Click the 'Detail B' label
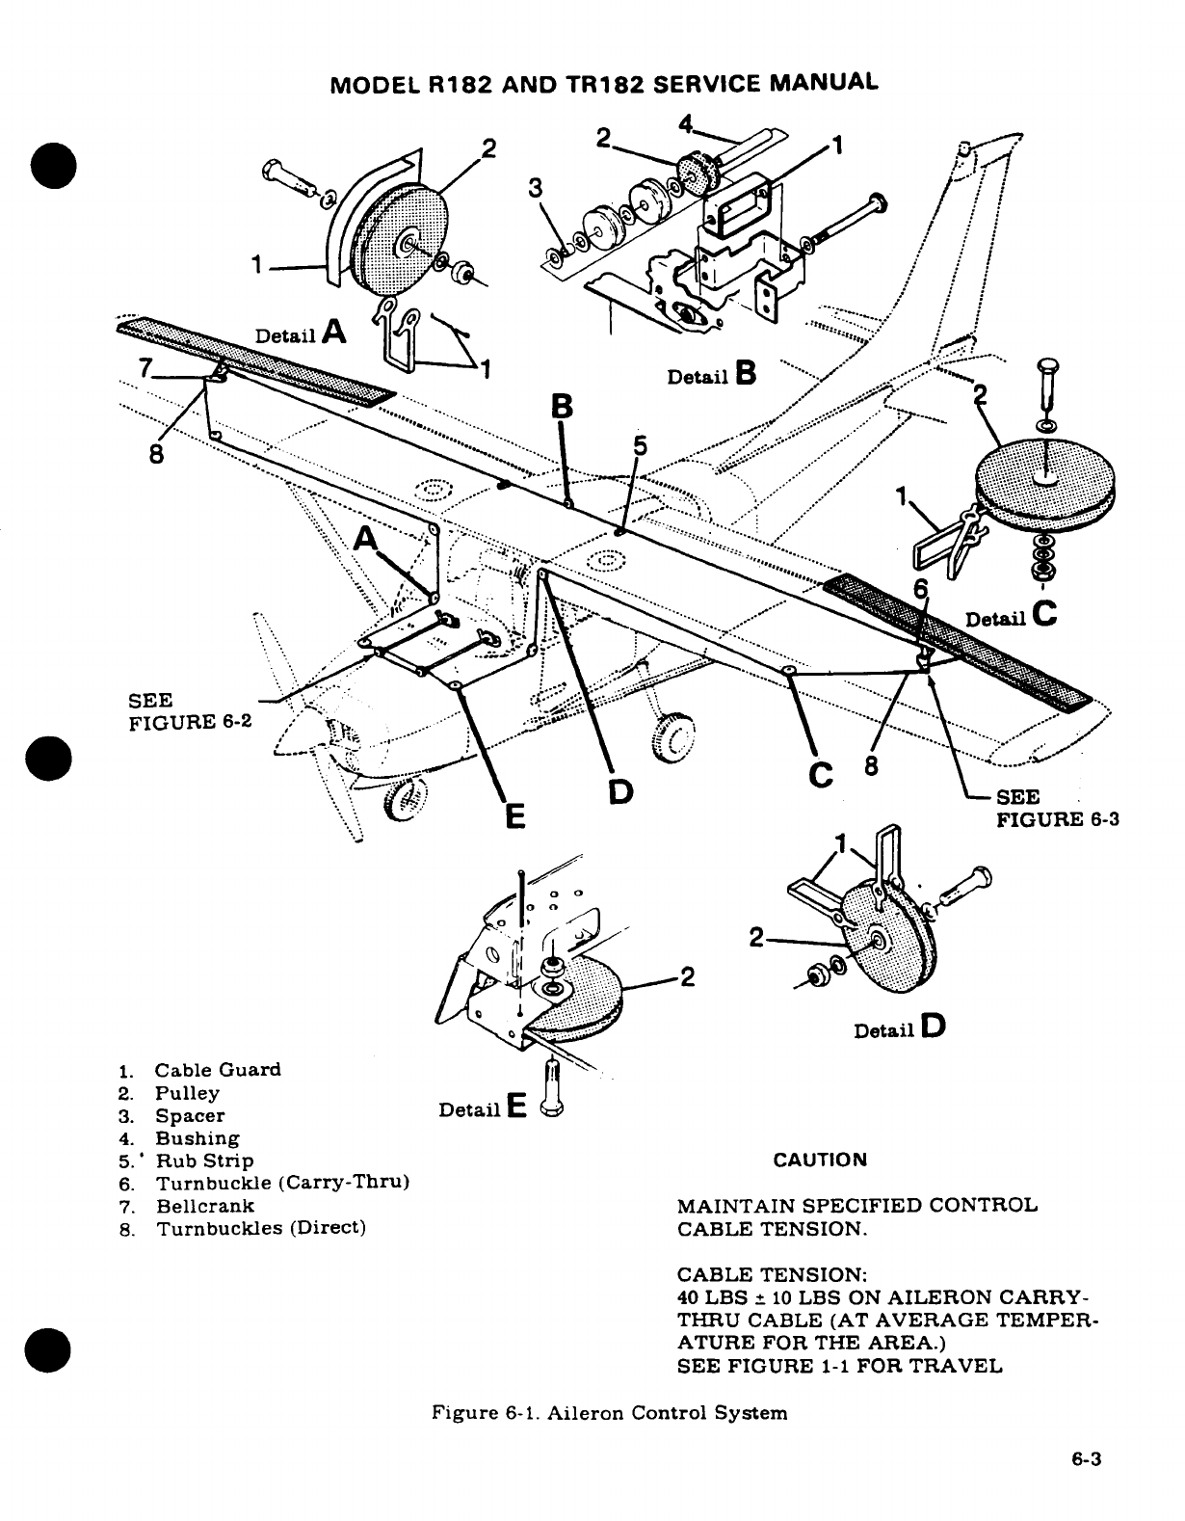(x=711, y=375)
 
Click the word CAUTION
(x=820, y=1160)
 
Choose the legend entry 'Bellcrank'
(x=205, y=1206)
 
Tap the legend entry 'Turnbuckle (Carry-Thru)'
(x=283, y=1183)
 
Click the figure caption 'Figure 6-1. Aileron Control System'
(x=609, y=1413)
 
